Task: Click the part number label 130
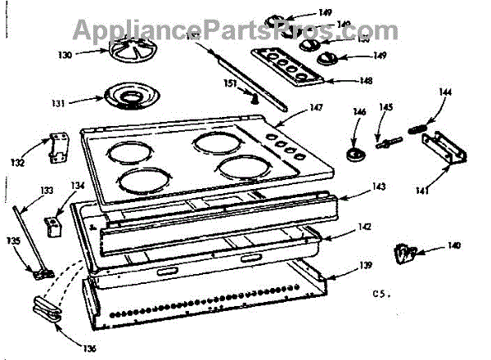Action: tap(65, 55)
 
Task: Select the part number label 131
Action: tap(58, 104)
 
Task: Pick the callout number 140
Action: tap(454, 245)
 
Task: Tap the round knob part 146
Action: tap(357, 156)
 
